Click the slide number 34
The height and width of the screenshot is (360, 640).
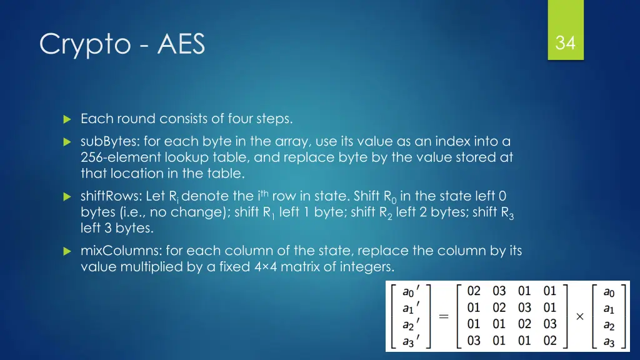point(565,43)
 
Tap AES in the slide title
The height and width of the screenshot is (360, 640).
point(181,44)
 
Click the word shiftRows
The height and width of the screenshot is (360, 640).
point(108,196)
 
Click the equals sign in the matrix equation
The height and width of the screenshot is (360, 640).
point(444,316)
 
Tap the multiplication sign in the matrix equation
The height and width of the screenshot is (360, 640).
point(579,316)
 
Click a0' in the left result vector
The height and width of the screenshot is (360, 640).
point(411,292)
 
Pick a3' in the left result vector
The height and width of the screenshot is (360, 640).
point(411,341)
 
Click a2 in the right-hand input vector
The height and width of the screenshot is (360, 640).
point(609,325)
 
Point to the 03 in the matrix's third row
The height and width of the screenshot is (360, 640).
point(549,324)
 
